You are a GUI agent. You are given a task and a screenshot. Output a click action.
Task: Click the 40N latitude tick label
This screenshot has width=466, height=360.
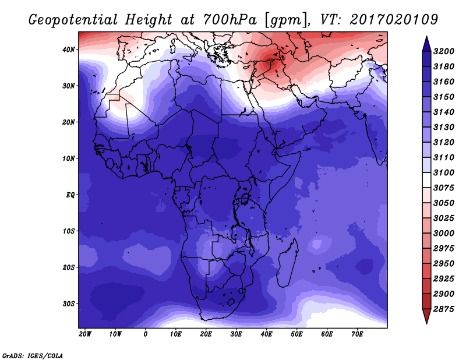68,50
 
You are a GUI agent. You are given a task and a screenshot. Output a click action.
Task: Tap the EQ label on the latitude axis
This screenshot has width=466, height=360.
70,195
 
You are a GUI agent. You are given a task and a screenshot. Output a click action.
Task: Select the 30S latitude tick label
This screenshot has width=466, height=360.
69,303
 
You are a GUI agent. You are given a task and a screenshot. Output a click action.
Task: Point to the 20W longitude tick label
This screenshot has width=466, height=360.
85,334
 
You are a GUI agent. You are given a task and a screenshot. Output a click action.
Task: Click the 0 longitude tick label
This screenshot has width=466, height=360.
145,334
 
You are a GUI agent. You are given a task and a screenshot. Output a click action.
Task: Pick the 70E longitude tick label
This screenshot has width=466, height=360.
357,334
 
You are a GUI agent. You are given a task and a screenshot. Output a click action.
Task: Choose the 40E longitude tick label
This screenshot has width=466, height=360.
266,334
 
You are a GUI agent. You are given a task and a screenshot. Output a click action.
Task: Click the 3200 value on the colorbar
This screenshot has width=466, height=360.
444,51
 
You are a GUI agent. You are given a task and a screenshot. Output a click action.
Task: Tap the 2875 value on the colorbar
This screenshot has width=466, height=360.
444,309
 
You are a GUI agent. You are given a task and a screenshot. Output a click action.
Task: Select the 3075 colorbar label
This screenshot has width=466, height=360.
444,188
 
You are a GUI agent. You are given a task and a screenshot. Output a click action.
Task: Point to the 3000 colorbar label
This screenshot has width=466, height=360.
444,234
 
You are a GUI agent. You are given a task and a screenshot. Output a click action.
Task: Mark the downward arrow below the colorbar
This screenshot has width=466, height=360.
427,316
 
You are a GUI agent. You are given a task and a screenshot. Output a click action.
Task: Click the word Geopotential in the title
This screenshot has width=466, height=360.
73,20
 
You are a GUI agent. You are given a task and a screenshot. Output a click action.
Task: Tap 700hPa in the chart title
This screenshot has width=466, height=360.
230,20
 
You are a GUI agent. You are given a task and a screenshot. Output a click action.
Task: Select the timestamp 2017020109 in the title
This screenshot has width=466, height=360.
394,20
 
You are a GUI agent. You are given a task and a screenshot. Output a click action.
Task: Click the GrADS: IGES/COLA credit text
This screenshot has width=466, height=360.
33,355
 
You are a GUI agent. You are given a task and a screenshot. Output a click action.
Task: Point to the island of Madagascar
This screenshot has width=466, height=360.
287,264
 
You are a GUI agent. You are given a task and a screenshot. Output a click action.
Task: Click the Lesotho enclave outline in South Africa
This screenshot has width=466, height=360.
231,302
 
